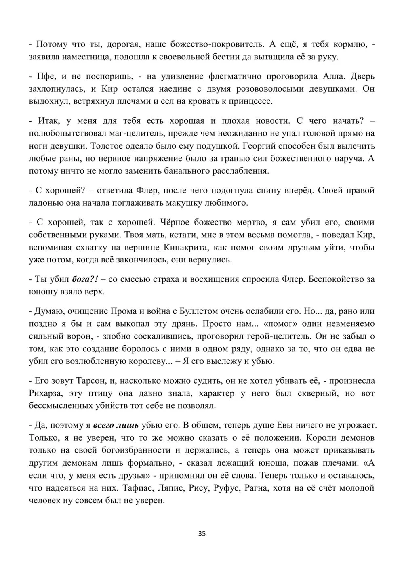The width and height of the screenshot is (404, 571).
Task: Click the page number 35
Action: coord(202,533)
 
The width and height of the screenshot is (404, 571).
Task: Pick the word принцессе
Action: coord(252,101)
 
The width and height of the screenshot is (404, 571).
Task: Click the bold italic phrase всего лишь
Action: coord(116,425)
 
